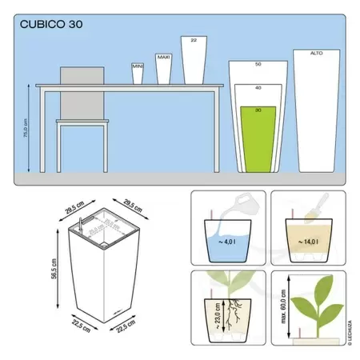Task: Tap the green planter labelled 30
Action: pyautogui.click(x=258, y=139)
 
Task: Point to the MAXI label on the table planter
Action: pyautogui.click(x=163, y=57)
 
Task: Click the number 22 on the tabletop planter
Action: pyautogui.click(x=193, y=40)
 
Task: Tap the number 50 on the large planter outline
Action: pyautogui.click(x=258, y=63)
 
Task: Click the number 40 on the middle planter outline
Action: pyautogui.click(x=258, y=86)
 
